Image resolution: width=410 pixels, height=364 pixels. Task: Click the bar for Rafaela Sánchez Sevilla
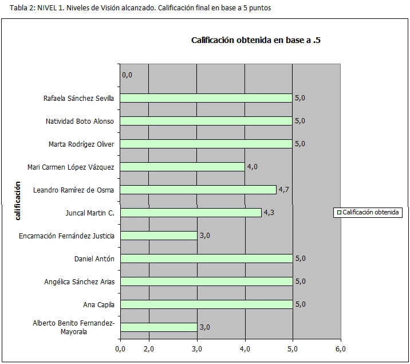click(206, 98)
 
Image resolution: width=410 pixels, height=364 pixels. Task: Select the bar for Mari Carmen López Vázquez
click(182, 167)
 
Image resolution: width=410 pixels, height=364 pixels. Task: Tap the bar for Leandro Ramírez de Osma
click(198, 190)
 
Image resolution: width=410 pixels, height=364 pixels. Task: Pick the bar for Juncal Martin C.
click(191, 213)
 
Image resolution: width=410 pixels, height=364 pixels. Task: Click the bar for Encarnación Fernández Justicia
click(159, 236)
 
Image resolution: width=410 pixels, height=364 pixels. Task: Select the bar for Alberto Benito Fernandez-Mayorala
click(159, 327)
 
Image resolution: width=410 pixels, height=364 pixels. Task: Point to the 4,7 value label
click(285, 190)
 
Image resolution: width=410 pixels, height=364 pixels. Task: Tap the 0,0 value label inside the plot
click(127, 75)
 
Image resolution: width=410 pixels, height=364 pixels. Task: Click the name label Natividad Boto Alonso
click(80, 121)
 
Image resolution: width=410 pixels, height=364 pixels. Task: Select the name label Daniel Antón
click(94, 259)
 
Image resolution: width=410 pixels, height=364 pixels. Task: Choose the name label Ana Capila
click(99, 304)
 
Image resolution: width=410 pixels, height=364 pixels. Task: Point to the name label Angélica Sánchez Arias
click(79, 281)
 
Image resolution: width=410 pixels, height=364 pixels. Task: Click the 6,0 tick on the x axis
click(341, 349)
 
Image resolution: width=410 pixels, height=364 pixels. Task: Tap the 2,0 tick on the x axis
click(149, 349)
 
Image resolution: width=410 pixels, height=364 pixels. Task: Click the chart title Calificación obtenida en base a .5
click(255, 40)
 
